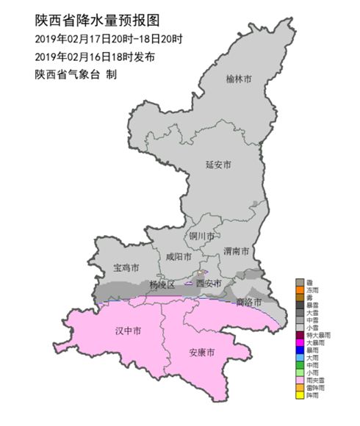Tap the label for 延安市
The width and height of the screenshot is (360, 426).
tap(218, 165)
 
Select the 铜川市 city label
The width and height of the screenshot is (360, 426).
tap(201, 237)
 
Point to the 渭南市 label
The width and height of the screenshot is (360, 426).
tap(236, 251)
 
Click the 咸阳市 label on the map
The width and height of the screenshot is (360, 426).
tap(179, 257)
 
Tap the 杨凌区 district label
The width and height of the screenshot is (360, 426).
tap(162, 284)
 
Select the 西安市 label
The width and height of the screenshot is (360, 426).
tap(208, 283)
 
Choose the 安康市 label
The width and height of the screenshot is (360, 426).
tap(202, 353)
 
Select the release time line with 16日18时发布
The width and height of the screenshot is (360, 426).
tap(95, 57)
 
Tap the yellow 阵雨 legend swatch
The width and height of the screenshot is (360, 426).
tap(299, 396)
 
